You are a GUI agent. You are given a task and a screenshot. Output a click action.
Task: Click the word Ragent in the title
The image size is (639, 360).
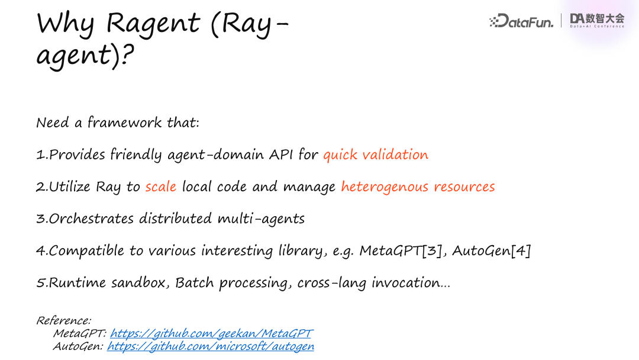click(146, 24)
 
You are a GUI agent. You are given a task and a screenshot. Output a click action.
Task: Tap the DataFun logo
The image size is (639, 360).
click(522, 22)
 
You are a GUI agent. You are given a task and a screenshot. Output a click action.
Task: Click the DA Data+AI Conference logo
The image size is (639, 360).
click(596, 20)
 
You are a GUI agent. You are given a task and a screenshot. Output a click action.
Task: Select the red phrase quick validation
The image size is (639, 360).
click(375, 155)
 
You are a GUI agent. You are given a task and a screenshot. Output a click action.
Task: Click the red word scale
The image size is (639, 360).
click(161, 187)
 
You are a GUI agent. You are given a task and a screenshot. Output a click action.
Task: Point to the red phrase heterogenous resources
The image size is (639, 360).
click(418, 187)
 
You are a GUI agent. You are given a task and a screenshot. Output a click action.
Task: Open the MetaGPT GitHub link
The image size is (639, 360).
click(211, 333)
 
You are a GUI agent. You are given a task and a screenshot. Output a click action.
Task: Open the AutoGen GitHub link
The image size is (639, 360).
click(211, 346)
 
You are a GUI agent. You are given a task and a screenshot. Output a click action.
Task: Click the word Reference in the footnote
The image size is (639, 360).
click(63, 320)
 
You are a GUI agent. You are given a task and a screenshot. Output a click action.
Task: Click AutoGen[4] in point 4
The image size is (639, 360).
click(492, 250)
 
